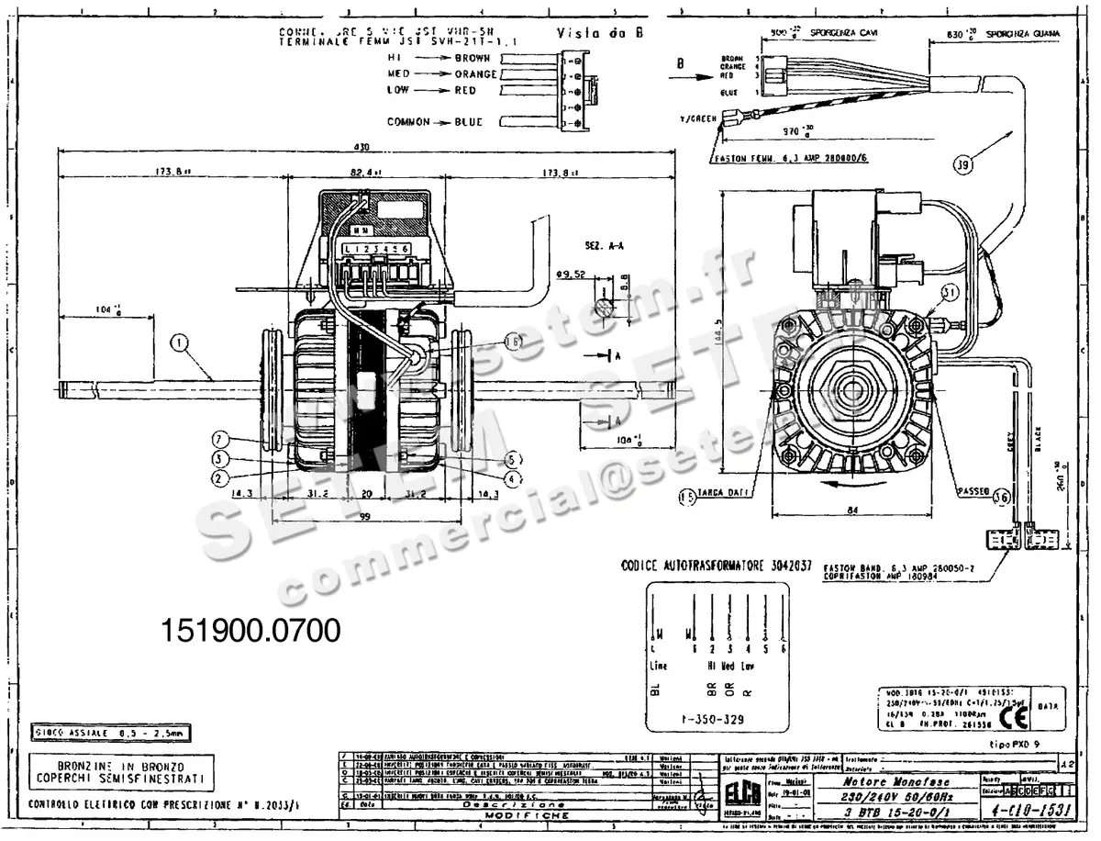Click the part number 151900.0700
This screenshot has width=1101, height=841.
pos(250,631)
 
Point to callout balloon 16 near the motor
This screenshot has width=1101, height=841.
pos(512,341)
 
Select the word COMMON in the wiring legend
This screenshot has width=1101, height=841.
pos(408,122)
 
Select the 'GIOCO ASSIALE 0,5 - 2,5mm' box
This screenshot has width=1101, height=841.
pos(110,734)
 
